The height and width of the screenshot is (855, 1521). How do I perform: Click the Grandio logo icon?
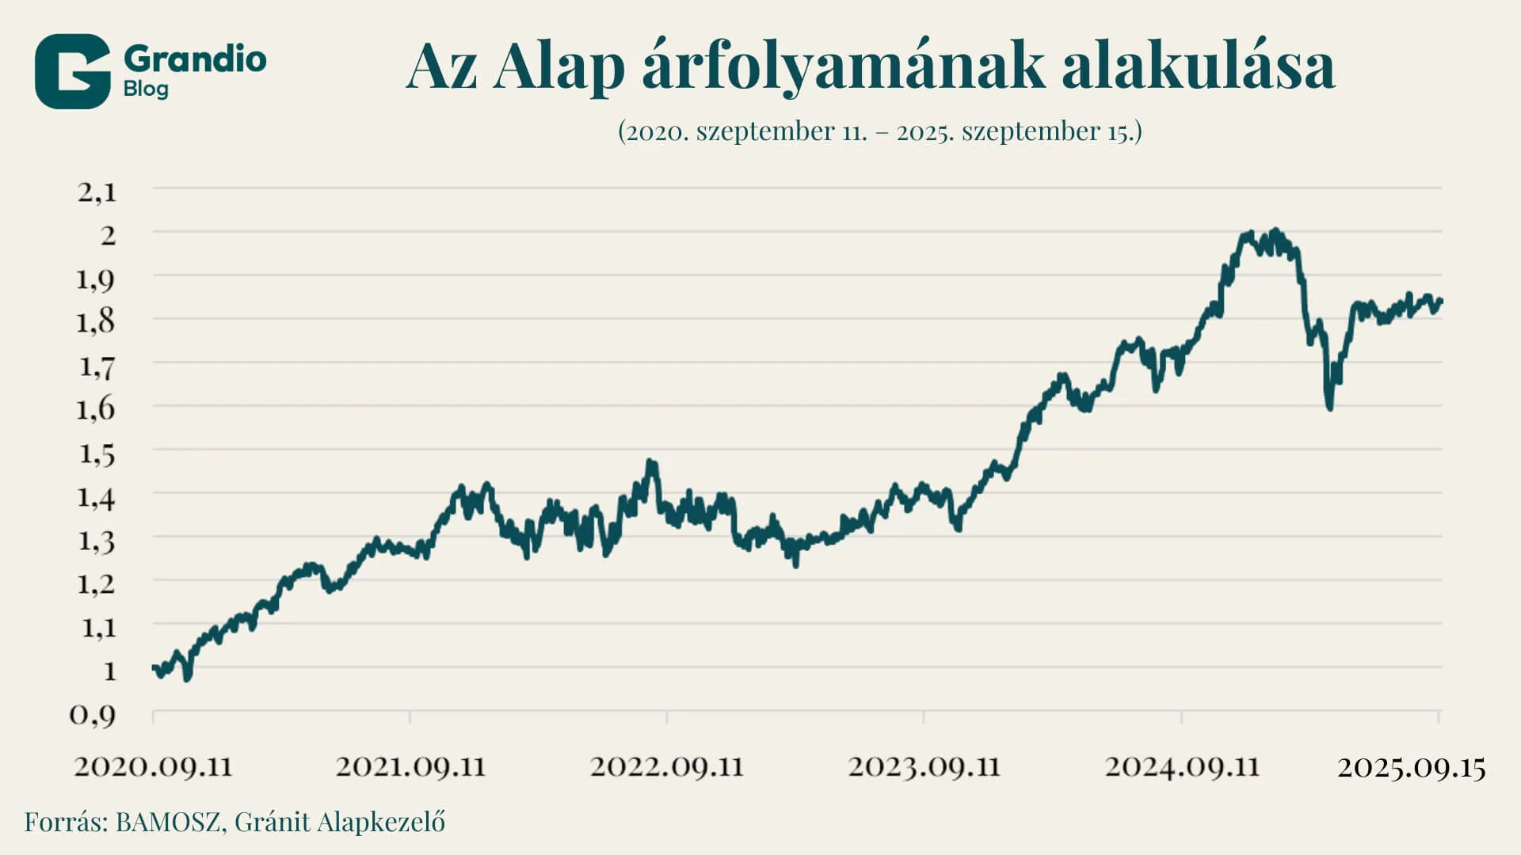click(x=72, y=71)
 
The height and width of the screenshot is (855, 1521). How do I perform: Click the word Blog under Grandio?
click(x=146, y=89)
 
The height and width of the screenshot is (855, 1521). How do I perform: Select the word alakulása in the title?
click(x=1198, y=66)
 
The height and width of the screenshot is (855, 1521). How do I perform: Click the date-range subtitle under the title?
click(x=879, y=131)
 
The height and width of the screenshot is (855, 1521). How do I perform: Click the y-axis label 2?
click(x=108, y=234)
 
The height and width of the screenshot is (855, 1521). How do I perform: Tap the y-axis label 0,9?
click(x=93, y=715)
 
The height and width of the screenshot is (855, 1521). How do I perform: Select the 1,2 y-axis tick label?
click(x=97, y=584)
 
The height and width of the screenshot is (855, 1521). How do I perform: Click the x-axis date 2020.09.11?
click(x=154, y=766)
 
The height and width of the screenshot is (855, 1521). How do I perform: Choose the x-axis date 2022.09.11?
click(x=667, y=766)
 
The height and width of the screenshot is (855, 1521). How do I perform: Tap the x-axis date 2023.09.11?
click(x=924, y=766)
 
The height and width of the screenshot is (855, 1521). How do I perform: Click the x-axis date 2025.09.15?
click(x=1412, y=767)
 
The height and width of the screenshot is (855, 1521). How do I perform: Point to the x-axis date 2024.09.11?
click(x=1182, y=766)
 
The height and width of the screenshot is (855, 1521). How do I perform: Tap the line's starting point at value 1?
click(x=154, y=667)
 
